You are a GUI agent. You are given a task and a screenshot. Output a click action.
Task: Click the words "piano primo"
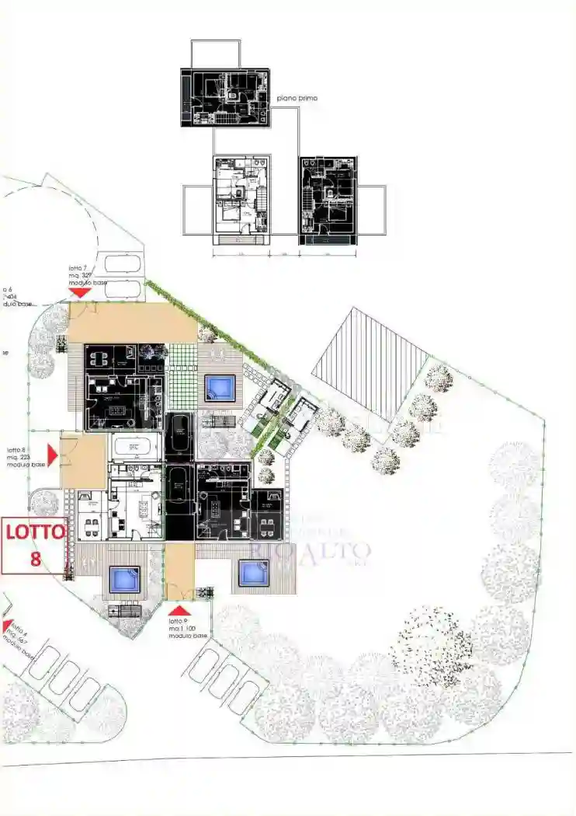(297, 99)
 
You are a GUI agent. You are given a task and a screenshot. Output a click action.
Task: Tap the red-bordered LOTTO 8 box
(34, 546)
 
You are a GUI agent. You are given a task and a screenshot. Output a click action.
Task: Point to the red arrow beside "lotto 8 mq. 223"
(53, 454)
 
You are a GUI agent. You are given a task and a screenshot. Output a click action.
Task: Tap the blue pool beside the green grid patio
(220, 386)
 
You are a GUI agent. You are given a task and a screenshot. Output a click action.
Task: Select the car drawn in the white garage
(136, 448)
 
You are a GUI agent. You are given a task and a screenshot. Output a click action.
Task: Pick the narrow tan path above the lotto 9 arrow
(179, 571)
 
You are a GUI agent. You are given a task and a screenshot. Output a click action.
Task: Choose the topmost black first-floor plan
(224, 96)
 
